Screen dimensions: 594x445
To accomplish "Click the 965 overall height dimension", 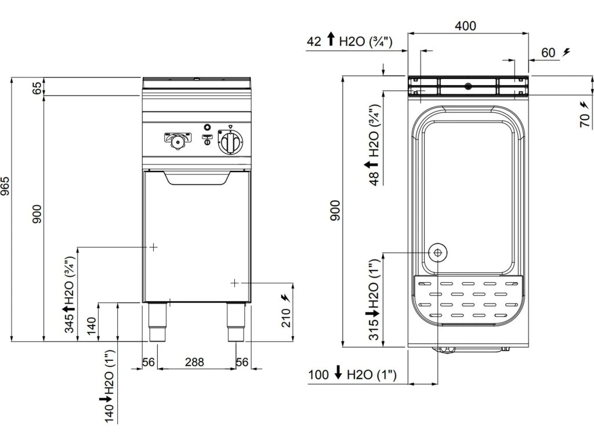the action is click(x=5, y=186).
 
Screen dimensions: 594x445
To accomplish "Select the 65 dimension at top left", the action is click(x=38, y=87).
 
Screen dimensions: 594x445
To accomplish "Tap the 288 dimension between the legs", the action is click(x=194, y=362).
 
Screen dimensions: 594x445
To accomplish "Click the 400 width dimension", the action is click(x=465, y=25).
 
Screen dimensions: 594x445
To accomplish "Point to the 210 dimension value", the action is click(x=286, y=318).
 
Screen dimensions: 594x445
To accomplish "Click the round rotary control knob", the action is click(x=230, y=143).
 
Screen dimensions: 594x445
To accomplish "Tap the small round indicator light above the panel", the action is click(x=207, y=127).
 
